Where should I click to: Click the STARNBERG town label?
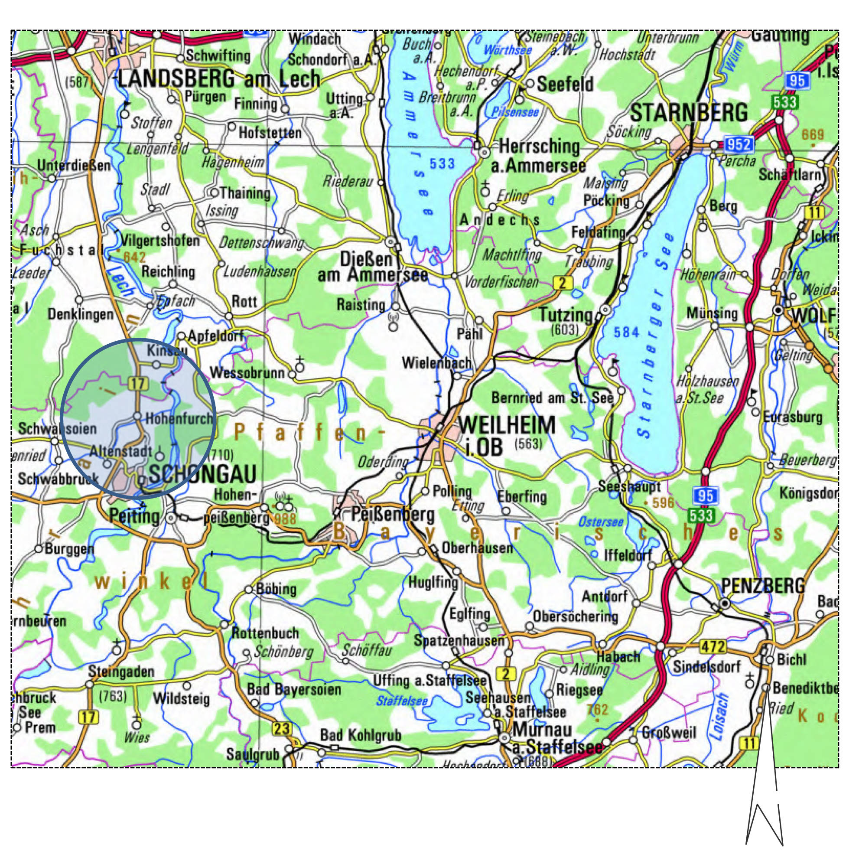click(688, 113)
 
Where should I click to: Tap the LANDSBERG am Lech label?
click(219, 79)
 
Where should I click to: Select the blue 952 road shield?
click(739, 144)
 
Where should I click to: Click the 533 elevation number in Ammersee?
click(442, 164)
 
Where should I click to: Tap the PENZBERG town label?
click(763, 585)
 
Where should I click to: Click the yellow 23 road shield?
click(282, 729)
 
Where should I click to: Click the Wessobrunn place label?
click(247, 372)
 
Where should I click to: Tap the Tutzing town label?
click(566, 316)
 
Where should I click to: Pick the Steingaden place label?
click(121, 671)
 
